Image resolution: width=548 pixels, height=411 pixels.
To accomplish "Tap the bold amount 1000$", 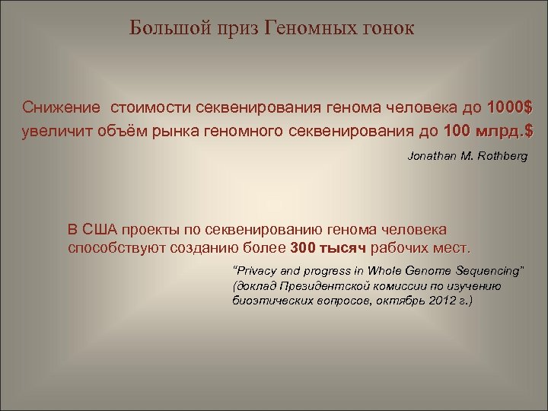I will click(509, 104).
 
